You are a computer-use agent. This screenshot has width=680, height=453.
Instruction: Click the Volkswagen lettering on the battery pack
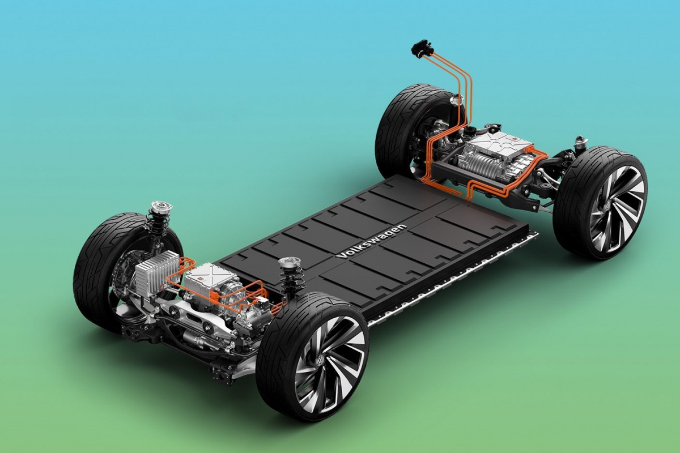(x=371, y=241)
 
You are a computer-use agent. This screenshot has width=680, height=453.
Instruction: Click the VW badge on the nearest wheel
(x=320, y=361)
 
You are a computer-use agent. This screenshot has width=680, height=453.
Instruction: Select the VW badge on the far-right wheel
(x=607, y=206)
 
